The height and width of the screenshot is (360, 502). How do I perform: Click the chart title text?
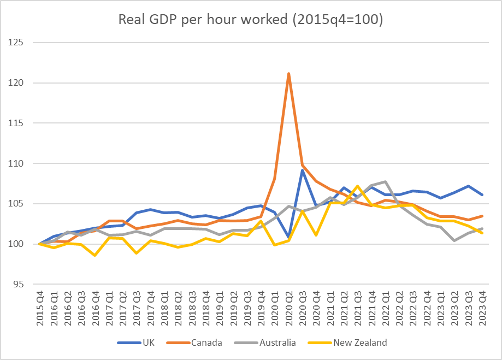[251, 20]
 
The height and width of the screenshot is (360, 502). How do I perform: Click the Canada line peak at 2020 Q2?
[288, 73]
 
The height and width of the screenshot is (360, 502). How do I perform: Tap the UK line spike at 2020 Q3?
[302, 170]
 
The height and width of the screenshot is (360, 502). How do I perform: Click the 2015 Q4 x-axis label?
[40, 309]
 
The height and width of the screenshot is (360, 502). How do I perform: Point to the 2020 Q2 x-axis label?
[288, 309]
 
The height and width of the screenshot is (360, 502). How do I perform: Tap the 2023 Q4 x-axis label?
[482, 309]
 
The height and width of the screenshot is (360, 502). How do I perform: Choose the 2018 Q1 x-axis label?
[164, 309]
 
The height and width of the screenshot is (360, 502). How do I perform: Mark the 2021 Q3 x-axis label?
[358, 309]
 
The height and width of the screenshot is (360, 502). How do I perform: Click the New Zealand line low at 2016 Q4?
[95, 255]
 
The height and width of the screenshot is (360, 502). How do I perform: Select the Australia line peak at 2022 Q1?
[386, 181]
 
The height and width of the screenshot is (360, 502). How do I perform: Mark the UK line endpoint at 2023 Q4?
[482, 194]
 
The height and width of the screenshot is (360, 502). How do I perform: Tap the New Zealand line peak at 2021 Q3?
[358, 186]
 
